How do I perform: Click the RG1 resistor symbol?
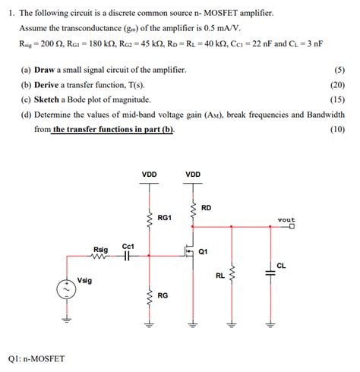point(150,218)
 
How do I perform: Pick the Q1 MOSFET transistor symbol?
point(187,251)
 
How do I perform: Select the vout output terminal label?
point(286,220)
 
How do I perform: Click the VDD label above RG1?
point(150,175)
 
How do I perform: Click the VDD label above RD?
point(193,175)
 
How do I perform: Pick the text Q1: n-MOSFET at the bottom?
point(36,358)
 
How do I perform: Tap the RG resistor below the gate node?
point(150,295)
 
